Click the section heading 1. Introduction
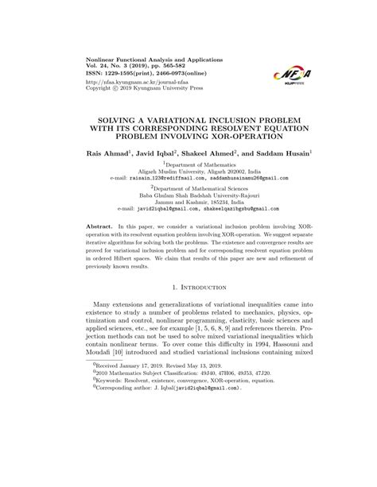tap(188, 284)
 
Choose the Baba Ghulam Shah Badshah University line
tap(188, 195)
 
